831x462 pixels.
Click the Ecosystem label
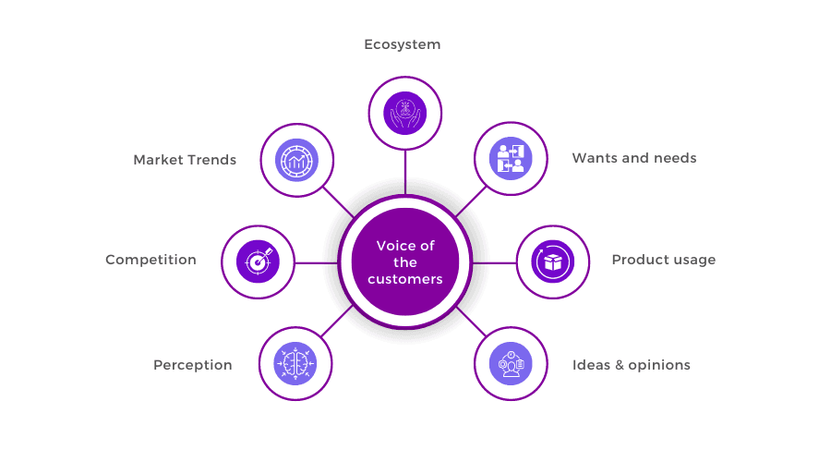pyautogui.click(x=403, y=44)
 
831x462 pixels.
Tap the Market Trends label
pyautogui.click(x=185, y=160)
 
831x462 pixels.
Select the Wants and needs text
pyautogui.click(x=634, y=158)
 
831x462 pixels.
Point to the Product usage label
pyautogui.click(x=664, y=260)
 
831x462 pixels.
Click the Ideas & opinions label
pyautogui.click(x=632, y=365)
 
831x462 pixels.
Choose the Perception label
pyautogui.click(x=193, y=366)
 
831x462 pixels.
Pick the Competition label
pyautogui.click(x=151, y=260)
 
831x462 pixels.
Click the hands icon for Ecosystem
pyautogui.click(x=405, y=114)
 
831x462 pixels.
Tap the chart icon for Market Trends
pyautogui.click(x=296, y=160)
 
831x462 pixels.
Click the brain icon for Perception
pyautogui.click(x=295, y=364)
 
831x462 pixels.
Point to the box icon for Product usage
pyautogui.click(x=553, y=262)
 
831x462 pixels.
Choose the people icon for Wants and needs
pyautogui.click(x=511, y=159)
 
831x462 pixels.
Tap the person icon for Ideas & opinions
pyautogui.click(x=511, y=364)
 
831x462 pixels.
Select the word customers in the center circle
pyautogui.click(x=405, y=280)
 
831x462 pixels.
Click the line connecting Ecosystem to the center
pyautogui.click(x=405, y=173)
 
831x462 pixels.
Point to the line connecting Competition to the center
pyautogui.click(x=316, y=262)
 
